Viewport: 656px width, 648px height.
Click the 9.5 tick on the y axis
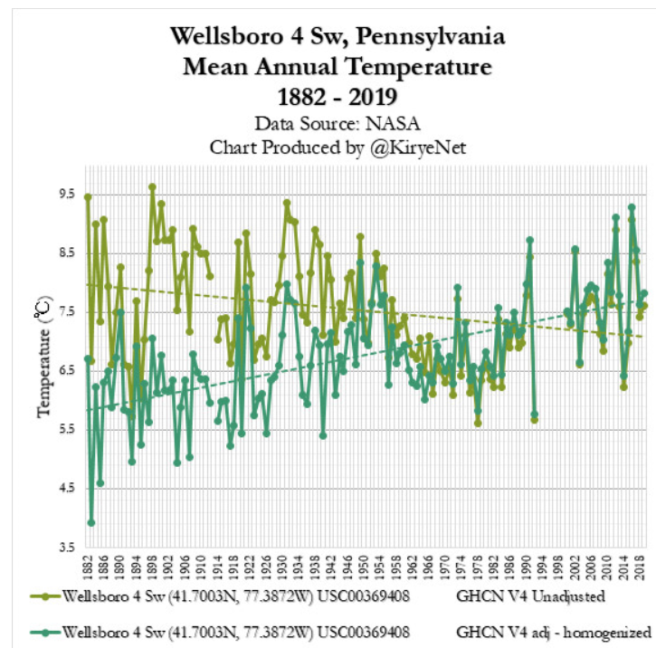pyautogui.click(x=66, y=194)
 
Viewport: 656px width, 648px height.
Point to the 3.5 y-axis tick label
pyautogui.click(x=66, y=548)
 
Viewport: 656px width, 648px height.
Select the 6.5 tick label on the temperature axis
pyautogui.click(x=66, y=371)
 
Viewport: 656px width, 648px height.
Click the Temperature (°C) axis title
pyautogui.click(x=43, y=359)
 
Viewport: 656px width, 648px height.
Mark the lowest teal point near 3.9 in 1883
pyautogui.click(x=91, y=522)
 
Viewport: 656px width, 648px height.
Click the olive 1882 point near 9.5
pyautogui.click(x=88, y=197)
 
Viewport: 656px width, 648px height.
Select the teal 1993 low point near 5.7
pyautogui.click(x=535, y=415)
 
